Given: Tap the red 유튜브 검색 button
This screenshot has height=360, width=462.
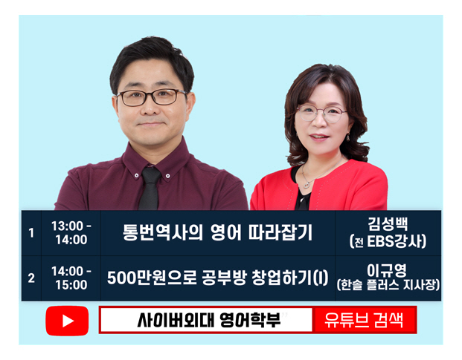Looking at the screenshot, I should tap(364, 320).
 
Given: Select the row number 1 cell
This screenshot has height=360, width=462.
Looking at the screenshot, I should tap(31, 232).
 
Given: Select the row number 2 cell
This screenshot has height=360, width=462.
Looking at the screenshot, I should tap(31, 278).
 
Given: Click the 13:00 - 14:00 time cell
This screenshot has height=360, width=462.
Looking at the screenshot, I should tap(71, 232).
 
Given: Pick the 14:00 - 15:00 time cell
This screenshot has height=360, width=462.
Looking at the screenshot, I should tap(71, 278).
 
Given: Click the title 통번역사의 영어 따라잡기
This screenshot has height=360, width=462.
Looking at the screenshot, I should tap(217, 232).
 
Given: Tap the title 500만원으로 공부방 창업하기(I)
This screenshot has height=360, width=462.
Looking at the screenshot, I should tap(217, 278).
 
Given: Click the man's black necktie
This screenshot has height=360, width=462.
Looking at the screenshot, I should tap(150, 189).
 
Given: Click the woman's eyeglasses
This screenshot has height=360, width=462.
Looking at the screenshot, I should tap(321, 114).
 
